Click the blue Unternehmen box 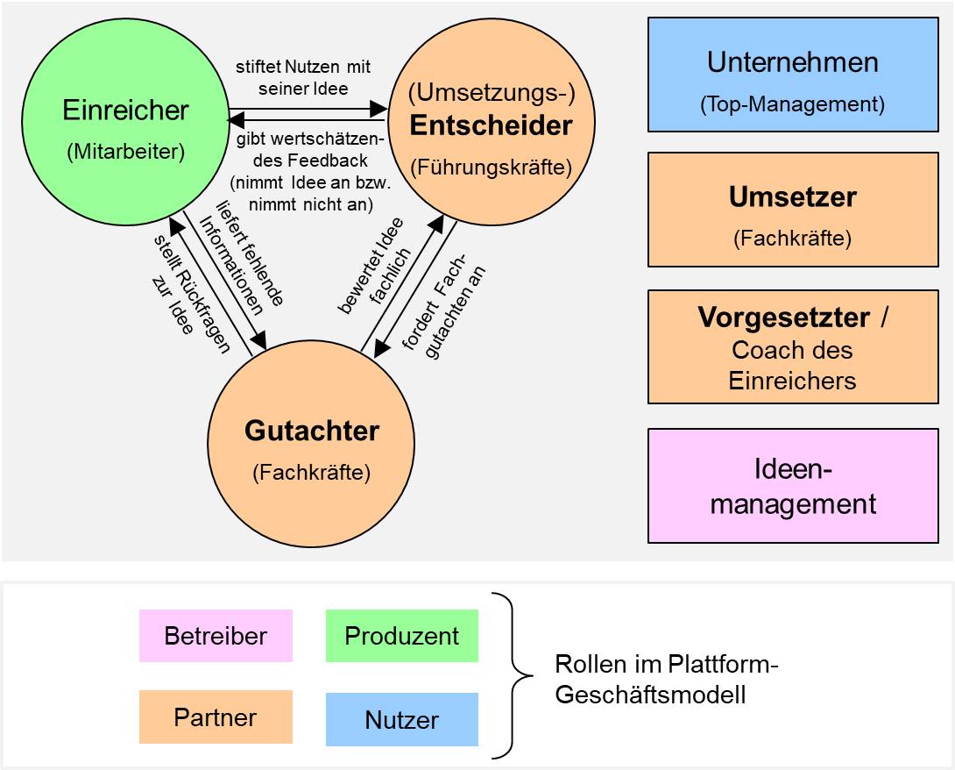792,75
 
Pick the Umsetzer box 792,210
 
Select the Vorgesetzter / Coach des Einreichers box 792,347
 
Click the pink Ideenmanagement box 792,486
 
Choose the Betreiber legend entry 216,636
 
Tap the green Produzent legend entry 401,636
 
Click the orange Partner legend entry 216,717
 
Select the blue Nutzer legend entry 401,720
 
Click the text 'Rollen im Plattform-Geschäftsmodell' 666,680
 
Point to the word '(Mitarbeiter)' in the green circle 125,151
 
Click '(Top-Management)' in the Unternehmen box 792,104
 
